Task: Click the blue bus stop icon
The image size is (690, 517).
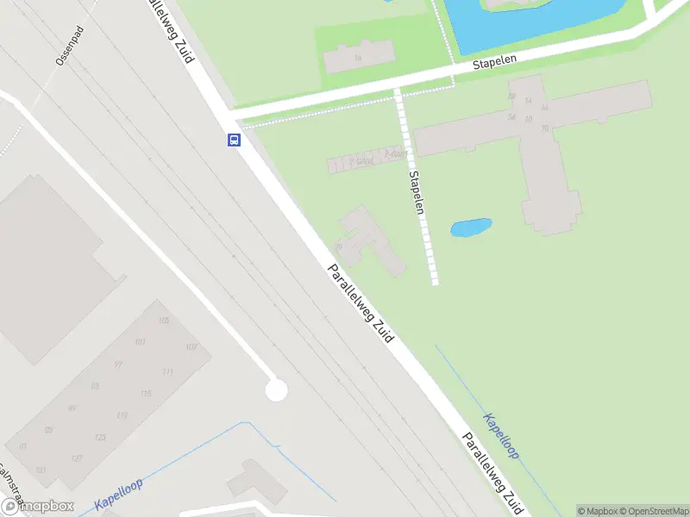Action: point(234,140)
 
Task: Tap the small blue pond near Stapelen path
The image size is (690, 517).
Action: point(471,228)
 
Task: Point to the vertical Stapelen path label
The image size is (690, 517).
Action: point(417,191)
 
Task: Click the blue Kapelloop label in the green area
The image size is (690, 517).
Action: point(501,435)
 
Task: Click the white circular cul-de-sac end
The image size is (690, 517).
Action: point(276,390)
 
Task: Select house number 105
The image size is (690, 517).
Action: point(164,321)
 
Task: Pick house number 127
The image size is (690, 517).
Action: point(77,458)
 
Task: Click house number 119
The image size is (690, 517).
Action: point(122,415)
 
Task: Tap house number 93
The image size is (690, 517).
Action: point(95,386)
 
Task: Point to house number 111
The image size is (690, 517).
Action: point(167,372)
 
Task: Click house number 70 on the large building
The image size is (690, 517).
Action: point(544,128)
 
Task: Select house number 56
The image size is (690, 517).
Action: point(511,117)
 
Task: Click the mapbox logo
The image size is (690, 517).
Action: point(36,507)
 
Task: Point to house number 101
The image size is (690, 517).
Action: point(140,342)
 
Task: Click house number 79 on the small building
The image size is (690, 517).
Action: point(340,246)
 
